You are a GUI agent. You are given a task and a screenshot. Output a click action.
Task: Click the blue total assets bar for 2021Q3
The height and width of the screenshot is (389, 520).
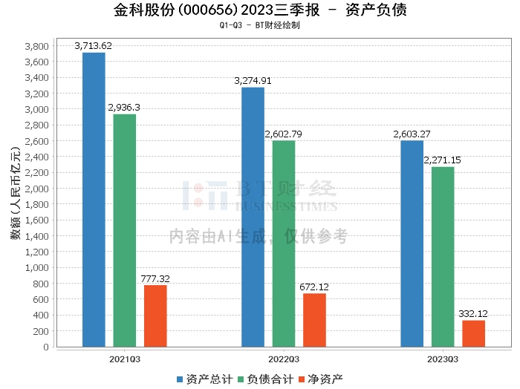pyautogui.click(x=94, y=200)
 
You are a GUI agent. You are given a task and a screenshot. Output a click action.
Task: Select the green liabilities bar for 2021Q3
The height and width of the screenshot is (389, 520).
pyautogui.click(x=125, y=230)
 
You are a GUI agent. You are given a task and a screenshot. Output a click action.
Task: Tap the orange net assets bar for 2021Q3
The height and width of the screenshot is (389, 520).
pyautogui.click(x=155, y=316)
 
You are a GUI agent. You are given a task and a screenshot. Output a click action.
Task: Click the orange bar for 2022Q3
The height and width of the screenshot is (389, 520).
pyautogui.click(x=314, y=320)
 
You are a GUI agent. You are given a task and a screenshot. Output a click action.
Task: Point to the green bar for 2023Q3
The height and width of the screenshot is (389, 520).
pyautogui.click(x=443, y=257)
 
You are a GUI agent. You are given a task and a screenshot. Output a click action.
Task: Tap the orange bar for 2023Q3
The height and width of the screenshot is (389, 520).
pyautogui.click(x=473, y=333)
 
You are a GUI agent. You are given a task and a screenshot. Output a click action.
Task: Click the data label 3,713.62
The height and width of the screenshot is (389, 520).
pyautogui.click(x=94, y=46)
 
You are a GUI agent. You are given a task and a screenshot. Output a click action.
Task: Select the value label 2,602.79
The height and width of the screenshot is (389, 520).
pyautogui.click(x=283, y=134)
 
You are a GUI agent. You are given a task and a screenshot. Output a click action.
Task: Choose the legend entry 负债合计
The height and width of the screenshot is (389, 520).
pyautogui.click(x=264, y=379)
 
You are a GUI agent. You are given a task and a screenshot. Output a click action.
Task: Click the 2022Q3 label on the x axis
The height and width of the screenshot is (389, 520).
pyautogui.click(x=283, y=359)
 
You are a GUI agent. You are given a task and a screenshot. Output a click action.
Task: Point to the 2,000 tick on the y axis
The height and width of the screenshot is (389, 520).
pyautogui.click(x=36, y=189)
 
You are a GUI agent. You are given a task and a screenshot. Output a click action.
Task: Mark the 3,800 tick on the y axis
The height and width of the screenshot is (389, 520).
pyautogui.click(x=36, y=46)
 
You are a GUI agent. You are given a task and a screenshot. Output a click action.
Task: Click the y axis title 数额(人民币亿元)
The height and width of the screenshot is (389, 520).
pyautogui.click(x=15, y=196)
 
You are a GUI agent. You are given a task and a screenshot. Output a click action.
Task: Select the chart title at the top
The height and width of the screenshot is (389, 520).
pyautogui.click(x=260, y=10)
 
